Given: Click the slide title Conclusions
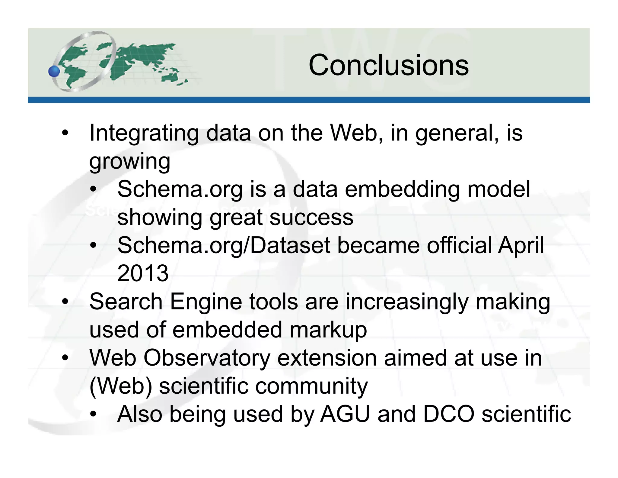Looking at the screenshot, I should (388, 65).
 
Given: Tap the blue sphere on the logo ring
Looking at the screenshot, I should (54, 71).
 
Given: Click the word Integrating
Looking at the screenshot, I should (144, 133).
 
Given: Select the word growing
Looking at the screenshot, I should (130, 162).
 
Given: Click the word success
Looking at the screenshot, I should (311, 217).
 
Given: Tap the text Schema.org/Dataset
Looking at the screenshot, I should (224, 245).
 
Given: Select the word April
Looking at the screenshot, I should (521, 246).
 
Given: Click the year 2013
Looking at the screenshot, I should (143, 273).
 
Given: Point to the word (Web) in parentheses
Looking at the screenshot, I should (121, 386).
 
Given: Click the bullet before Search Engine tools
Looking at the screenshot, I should (65, 302).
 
